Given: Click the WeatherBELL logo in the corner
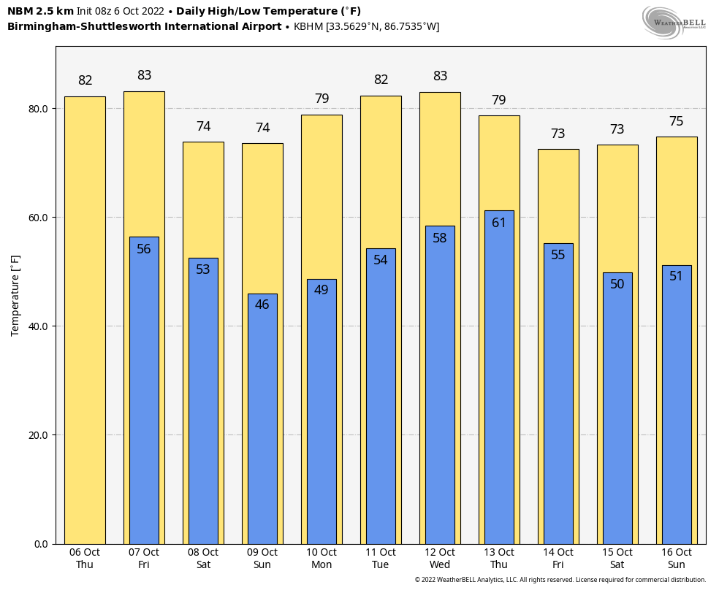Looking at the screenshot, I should [674, 22].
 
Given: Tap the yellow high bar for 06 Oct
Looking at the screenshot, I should [85, 321].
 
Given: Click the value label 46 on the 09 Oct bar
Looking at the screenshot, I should [262, 304].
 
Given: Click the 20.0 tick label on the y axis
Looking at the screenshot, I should [37, 435].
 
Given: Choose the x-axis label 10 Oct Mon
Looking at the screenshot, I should [322, 559].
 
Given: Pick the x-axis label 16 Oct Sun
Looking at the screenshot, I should [677, 559].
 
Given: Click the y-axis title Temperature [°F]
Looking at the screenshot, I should [15, 295].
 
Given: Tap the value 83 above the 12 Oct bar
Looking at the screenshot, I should [440, 76].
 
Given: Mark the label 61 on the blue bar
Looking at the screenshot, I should [499, 223].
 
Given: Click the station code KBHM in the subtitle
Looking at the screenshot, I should [309, 27].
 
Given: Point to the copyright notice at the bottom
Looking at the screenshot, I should [560, 580].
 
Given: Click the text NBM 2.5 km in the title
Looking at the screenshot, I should [40, 11].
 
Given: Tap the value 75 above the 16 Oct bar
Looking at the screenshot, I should [677, 121].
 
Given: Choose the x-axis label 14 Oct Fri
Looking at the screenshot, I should [558, 559].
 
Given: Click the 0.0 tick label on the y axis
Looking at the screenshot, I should [40, 544].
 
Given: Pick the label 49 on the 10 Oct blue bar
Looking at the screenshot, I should [322, 290].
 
